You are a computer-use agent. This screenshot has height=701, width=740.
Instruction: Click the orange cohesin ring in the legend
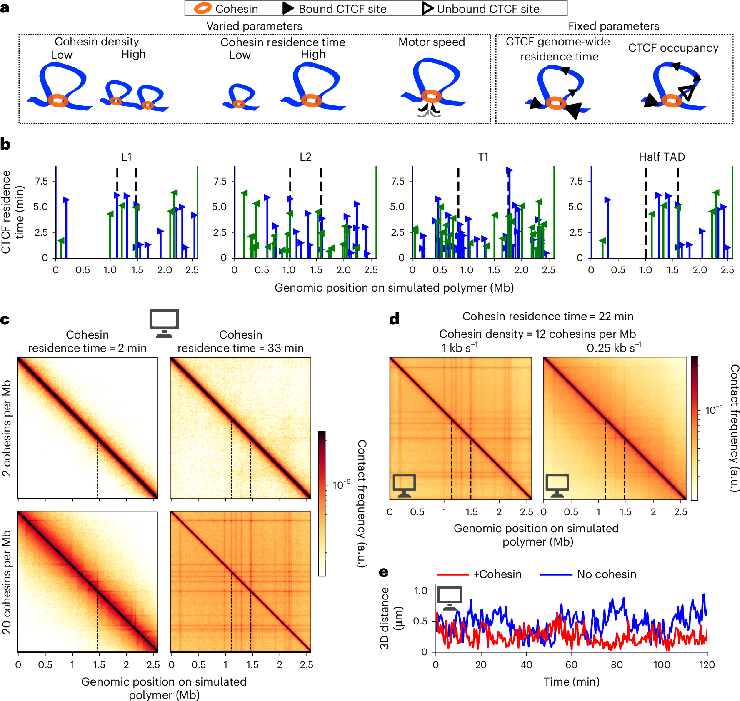click(203, 8)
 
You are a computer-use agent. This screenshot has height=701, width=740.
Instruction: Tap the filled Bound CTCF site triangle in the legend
click(288, 8)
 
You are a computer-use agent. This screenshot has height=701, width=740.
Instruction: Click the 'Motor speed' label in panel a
click(432, 42)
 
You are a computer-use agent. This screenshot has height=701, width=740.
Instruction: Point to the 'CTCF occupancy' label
click(673, 48)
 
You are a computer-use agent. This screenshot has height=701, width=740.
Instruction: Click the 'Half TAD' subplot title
click(662, 157)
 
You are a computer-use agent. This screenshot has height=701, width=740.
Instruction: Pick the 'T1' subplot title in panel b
click(483, 157)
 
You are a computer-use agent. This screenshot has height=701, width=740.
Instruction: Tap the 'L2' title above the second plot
click(305, 157)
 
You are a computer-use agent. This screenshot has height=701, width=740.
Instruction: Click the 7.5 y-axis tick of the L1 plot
click(41, 181)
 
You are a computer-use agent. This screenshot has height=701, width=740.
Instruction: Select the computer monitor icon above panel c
click(164, 323)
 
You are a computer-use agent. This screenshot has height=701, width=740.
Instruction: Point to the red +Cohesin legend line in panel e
click(452, 574)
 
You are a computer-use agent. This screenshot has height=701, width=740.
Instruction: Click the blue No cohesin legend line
click(556, 574)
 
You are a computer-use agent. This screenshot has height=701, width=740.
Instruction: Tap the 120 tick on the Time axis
click(707, 665)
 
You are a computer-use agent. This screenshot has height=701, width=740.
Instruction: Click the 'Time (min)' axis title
click(572, 682)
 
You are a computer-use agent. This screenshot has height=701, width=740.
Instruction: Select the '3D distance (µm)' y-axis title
click(391, 618)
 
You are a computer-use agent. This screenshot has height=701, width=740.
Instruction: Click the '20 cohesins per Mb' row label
click(7, 582)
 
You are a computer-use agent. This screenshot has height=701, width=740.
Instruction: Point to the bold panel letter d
click(394, 319)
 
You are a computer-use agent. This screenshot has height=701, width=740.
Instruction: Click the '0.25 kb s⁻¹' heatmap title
click(614, 347)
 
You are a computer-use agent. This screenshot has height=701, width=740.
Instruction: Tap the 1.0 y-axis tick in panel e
click(421, 591)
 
